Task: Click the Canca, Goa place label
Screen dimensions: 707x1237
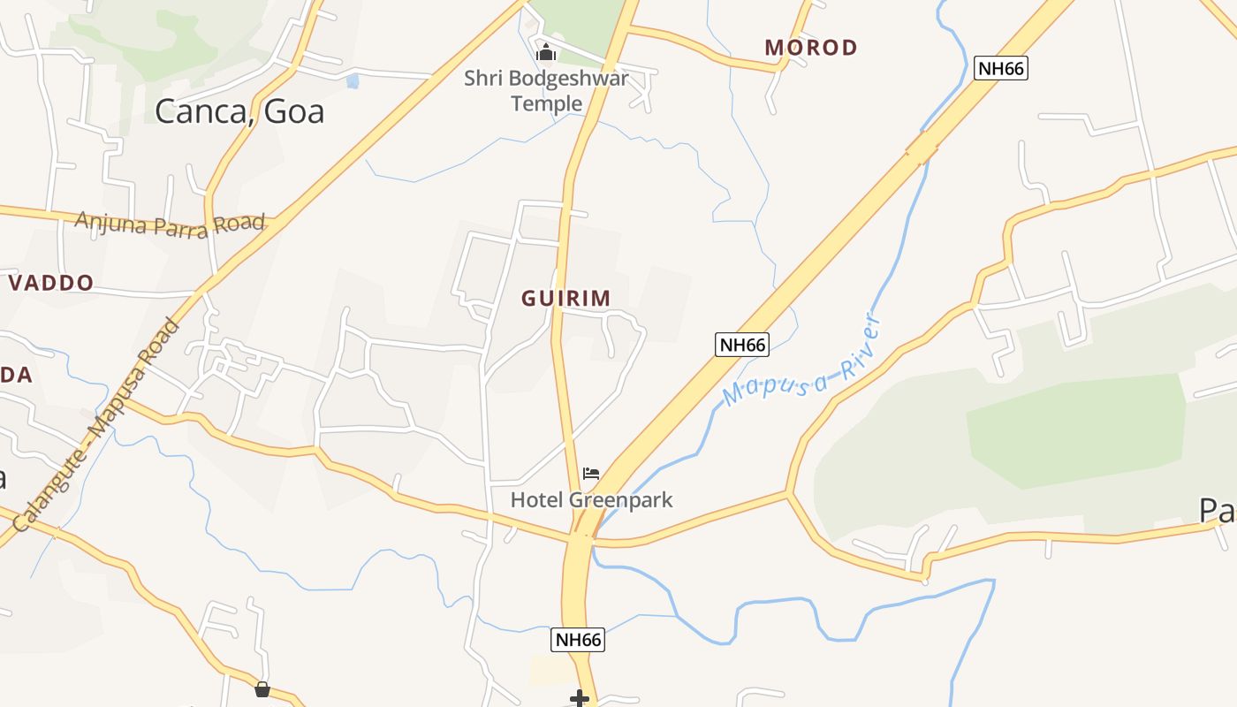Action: tap(239, 111)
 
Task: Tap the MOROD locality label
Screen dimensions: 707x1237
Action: tap(811, 48)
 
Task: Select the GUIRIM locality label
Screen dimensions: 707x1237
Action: tap(565, 299)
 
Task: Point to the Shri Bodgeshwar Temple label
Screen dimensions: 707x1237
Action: tap(547, 91)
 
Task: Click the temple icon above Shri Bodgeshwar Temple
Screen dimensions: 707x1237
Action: tap(546, 53)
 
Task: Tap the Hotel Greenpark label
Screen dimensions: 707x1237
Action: tap(591, 500)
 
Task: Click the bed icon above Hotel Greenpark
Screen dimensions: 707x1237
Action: tap(591, 474)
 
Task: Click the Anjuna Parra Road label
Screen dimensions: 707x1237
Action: tap(170, 224)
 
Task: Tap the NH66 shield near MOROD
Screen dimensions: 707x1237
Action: tap(1001, 68)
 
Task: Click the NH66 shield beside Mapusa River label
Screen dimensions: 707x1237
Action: tap(741, 345)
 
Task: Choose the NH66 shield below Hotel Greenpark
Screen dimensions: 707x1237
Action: tap(578, 640)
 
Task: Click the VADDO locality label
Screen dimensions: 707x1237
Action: tap(51, 283)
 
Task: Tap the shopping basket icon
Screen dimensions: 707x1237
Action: tap(262, 689)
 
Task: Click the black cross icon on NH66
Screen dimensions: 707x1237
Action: tap(580, 699)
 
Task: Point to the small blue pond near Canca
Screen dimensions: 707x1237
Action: tap(353, 81)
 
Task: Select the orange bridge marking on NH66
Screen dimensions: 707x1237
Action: tap(921, 148)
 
